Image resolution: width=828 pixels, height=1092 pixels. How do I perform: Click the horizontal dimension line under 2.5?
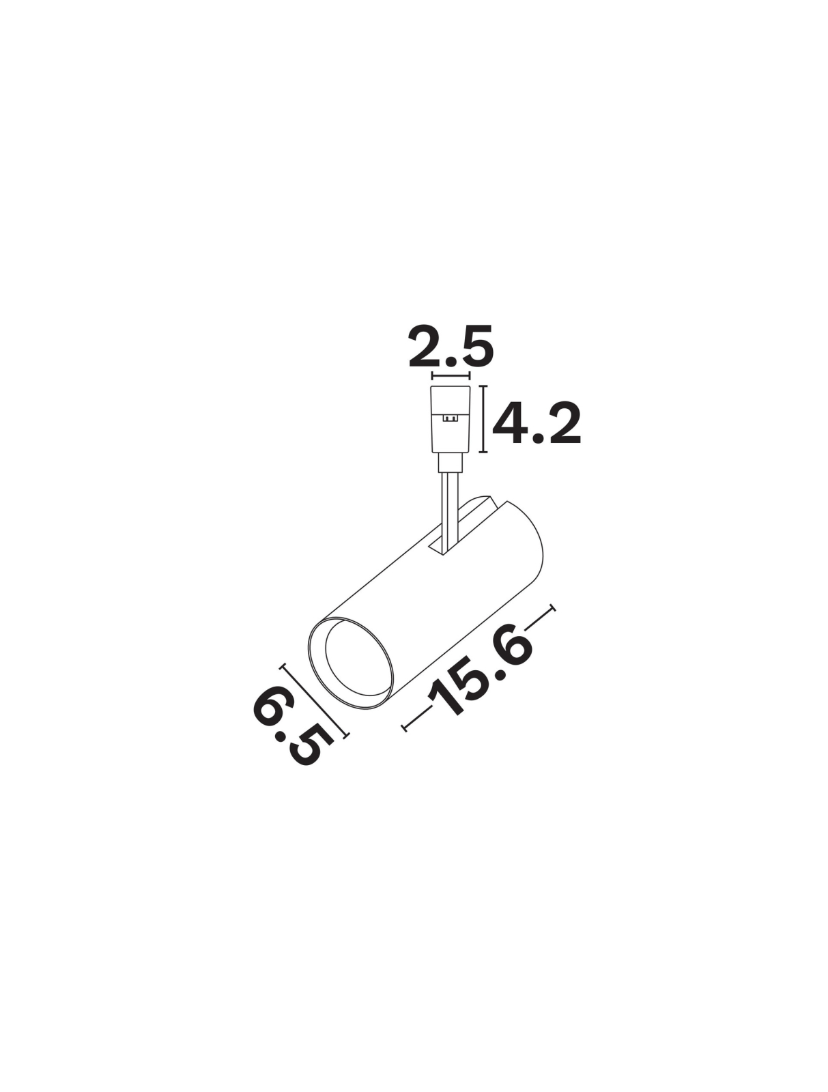[x=451, y=375]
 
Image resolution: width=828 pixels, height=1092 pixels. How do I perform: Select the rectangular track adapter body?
[x=451, y=419]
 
